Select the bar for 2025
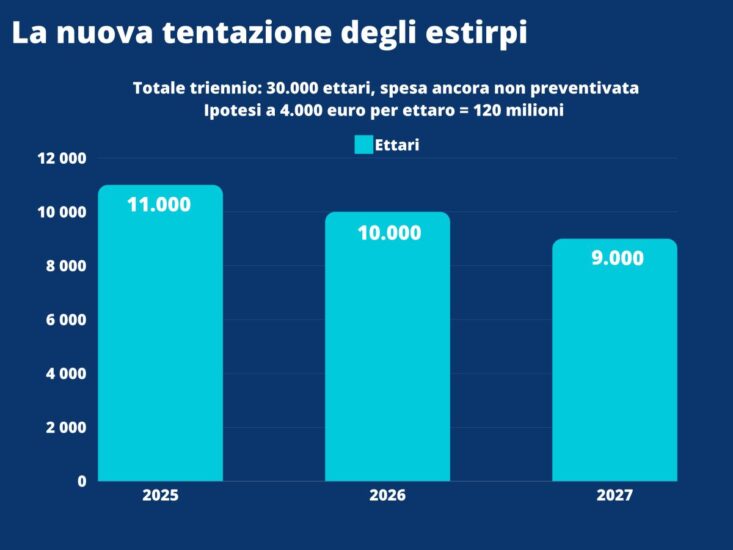160,340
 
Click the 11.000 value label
159,204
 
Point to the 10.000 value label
389,233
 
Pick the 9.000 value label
617,258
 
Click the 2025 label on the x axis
160,495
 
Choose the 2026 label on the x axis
387,495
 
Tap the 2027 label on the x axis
615,495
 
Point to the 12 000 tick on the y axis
62,158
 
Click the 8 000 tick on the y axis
67,266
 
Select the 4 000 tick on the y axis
67,374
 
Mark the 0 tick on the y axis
82,481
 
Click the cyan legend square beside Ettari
364,145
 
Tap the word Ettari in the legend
397,145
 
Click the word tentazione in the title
247,32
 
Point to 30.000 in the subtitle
294,88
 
